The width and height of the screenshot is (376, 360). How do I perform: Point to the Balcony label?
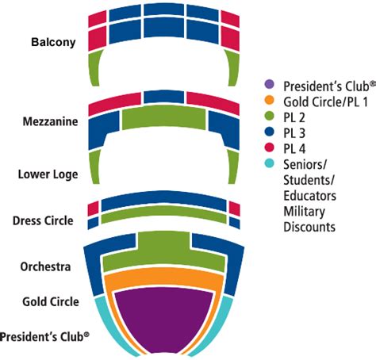[x=53, y=42]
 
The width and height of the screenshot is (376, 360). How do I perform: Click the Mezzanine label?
[x=49, y=122]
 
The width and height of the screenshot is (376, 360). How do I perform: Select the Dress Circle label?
[x=44, y=220]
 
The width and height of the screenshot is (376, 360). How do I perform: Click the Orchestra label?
[x=47, y=266]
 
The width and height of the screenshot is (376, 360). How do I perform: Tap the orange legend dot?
[x=270, y=101]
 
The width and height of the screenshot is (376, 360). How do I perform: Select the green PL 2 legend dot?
[x=270, y=117]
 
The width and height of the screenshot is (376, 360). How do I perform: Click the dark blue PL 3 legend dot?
[x=270, y=133]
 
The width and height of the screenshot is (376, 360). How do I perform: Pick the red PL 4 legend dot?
[x=270, y=148]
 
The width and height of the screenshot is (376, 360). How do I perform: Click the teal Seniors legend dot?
[x=270, y=164]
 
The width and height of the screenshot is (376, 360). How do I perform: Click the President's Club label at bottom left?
[x=44, y=336]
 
